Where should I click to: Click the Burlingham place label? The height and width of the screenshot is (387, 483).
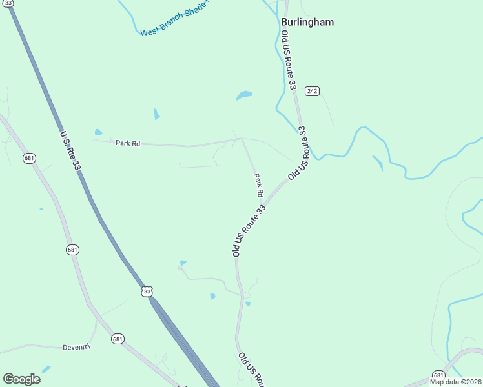pos(307,22)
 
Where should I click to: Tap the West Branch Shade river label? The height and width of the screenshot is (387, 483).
pos(174,21)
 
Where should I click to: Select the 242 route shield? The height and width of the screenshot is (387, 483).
pos(313,91)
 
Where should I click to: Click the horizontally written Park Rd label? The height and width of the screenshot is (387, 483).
pos(128,143)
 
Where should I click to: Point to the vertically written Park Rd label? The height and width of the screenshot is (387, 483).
pos(258,185)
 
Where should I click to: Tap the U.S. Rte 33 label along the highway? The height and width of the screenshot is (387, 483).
pos(70,151)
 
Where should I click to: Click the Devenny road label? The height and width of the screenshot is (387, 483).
pos(76,347)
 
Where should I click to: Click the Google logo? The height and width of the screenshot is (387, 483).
pos(21,379)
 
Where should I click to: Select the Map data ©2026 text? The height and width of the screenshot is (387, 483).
pos(456,382)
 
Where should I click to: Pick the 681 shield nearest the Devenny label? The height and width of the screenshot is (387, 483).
pos(117,339)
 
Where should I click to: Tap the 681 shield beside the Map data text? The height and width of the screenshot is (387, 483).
pos(439,375)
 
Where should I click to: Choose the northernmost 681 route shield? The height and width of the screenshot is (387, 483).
pos(28,158)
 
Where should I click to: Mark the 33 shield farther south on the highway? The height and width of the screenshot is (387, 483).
pos(147,292)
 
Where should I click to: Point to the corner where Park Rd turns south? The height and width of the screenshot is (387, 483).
pos(241,138)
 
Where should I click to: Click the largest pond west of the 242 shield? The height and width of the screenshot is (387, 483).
pos(244,95)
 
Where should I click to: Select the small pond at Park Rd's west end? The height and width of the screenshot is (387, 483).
pos(98,133)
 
